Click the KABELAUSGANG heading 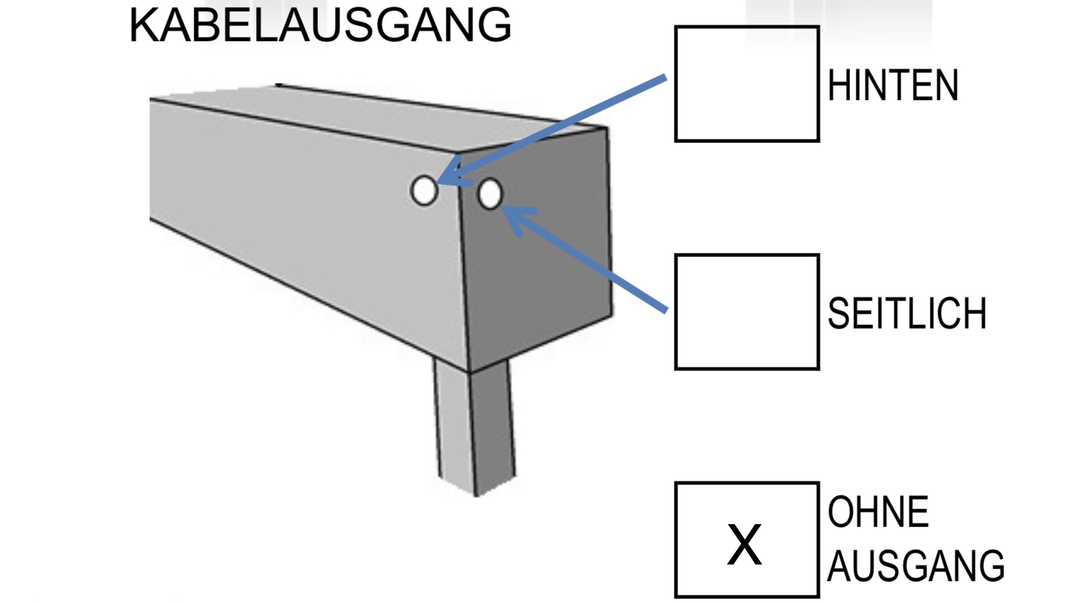pyautogui.click(x=320, y=25)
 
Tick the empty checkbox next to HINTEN pyautogui.click(x=747, y=83)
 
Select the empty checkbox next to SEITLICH pyautogui.click(x=747, y=312)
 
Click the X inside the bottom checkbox pyautogui.click(x=744, y=544)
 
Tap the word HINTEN pyautogui.click(x=893, y=86)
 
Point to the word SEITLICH pyautogui.click(x=907, y=313)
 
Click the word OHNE pyautogui.click(x=878, y=512)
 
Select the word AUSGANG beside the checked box pyautogui.click(x=915, y=566)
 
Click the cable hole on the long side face pyautogui.click(x=424, y=191)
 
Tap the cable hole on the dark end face pyautogui.click(x=490, y=194)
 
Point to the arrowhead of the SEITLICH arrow pyautogui.click(x=505, y=210)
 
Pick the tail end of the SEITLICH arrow pyautogui.click(x=665, y=310)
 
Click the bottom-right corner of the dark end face pyautogui.click(x=612, y=315)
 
